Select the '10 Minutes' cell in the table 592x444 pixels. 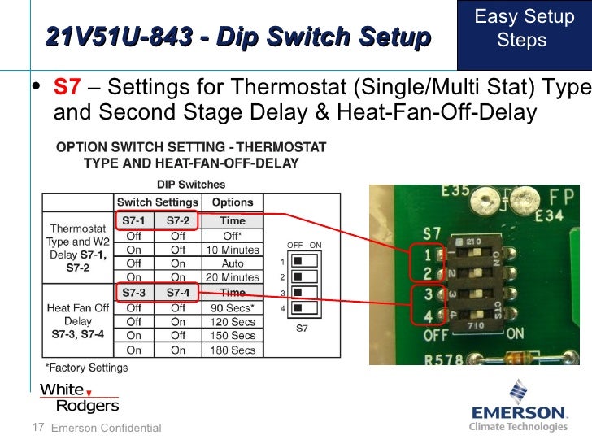click(233, 250)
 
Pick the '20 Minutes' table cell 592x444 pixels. click(233, 277)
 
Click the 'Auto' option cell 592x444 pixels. click(233, 263)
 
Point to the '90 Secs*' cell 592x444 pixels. click(233, 308)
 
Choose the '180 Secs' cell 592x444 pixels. click(233, 350)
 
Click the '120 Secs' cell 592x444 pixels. click(233, 322)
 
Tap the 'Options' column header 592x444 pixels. click(233, 202)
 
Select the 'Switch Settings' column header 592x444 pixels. click(158, 202)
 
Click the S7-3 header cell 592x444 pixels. click(134, 293)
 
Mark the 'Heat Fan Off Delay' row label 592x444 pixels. click(78, 320)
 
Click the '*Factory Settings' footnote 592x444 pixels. click(85, 368)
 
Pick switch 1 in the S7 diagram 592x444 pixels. click(298, 262)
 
